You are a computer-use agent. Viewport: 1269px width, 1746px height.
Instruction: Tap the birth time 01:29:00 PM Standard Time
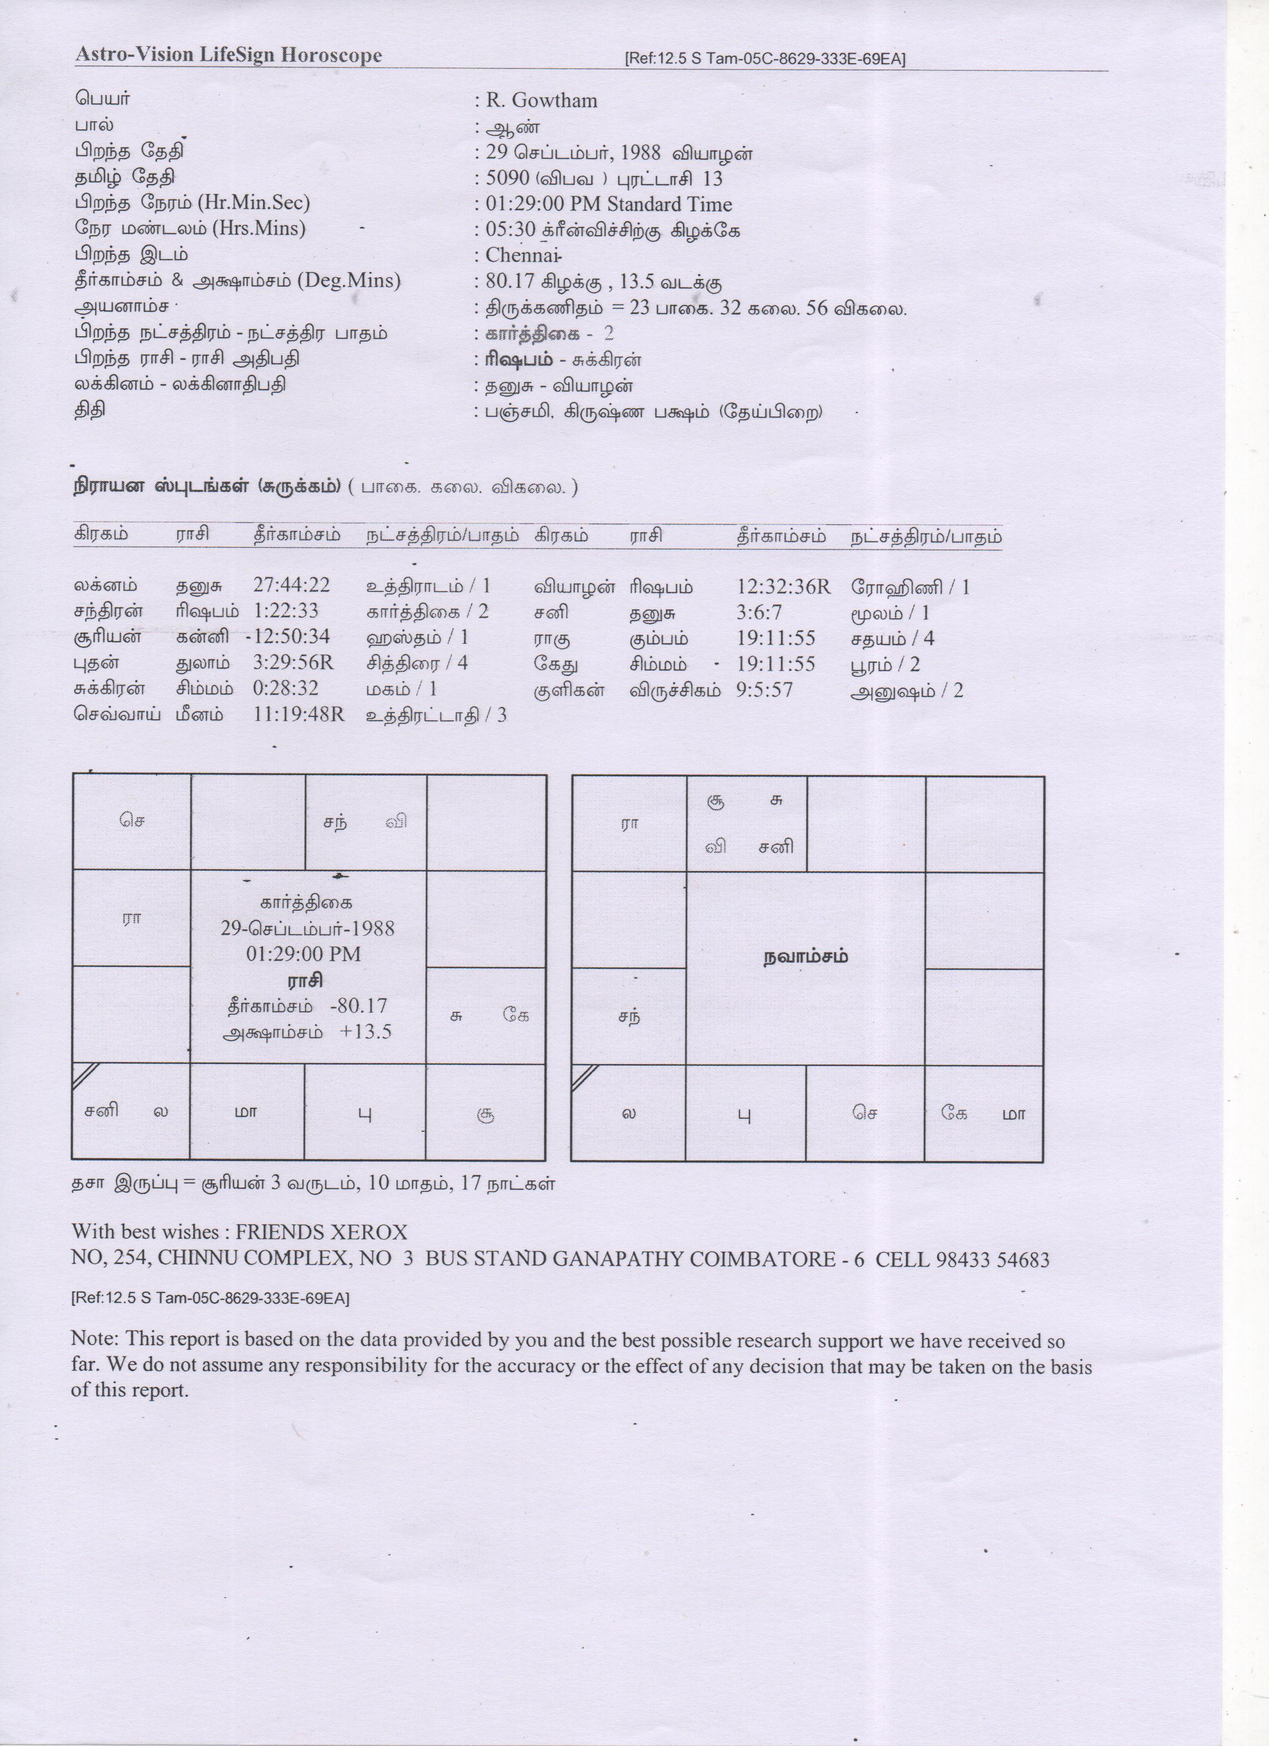click(x=608, y=204)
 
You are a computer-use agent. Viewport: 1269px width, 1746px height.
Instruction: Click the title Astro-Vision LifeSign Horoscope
click(x=229, y=55)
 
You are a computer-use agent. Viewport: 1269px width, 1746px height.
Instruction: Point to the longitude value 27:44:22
click(x=291, y=585)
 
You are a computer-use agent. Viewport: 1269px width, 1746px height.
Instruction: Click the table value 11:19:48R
click(x=298, y=714)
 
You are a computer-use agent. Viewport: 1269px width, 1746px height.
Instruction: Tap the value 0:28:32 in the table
click(x=285, y=688)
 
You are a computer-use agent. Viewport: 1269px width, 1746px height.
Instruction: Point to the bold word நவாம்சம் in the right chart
click(x=806, y=957)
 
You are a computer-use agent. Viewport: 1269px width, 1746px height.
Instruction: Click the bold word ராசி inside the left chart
click(x=305, y=981)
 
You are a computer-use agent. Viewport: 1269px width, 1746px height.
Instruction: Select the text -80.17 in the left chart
click(x=358, y=1006)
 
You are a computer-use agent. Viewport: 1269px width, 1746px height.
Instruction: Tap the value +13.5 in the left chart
click(x=366, y=1032)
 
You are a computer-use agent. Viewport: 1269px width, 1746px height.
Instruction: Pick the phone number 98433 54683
click(x=993, y=1260)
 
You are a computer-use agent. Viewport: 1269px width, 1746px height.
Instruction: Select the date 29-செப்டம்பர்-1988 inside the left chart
click(x=307, y=928)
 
